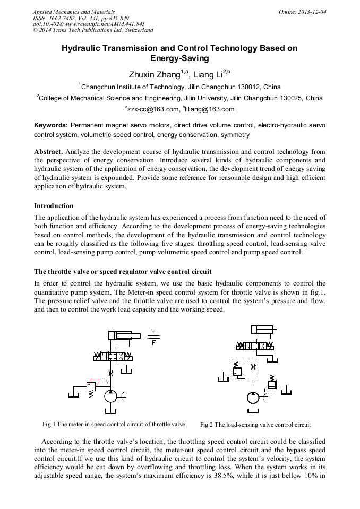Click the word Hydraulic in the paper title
pos(82,48)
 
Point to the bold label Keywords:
pos(51,125)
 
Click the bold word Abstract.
pos(48,152)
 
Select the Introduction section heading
pos(54,205)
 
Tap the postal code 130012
pos(235,87)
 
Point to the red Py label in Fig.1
pos(105,381)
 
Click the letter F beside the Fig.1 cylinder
pos(153,343)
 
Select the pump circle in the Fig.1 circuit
pos(111,396)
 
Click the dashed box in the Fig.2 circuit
pos(245,369)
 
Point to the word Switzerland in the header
pos(136,30)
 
